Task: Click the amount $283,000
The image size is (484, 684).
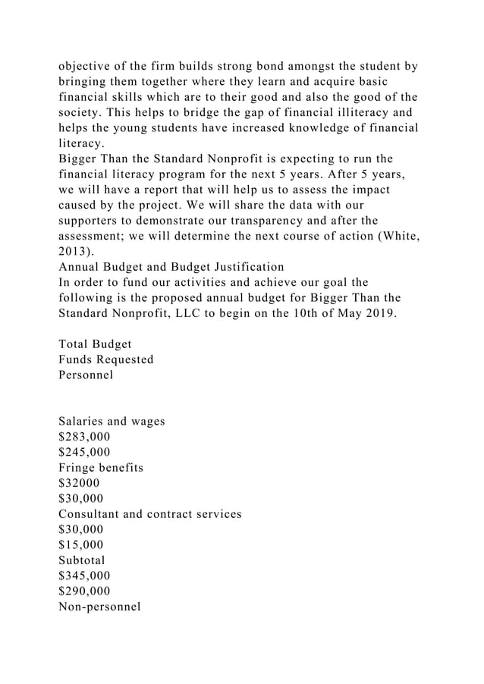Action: (x=83, y=437)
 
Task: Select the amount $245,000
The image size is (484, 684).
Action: (x=83, y=452)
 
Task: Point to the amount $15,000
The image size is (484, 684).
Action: (x=81, y=544)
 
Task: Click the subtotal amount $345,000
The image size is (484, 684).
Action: (x=83, y=576)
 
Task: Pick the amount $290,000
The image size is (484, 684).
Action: (x=83, y=591)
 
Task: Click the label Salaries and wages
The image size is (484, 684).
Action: (x=112, y=421)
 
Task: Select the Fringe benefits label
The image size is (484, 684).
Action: (x=101, y=467)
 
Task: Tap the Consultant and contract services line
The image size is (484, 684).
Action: (x=150, y=513)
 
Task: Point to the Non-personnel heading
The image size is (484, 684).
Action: (x=99, y=606)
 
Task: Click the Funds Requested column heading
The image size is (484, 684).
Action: (x=106, y=359)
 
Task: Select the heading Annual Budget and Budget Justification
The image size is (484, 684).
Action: (x=171, y=266)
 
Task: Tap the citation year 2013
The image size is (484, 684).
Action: (x=72, y=251)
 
